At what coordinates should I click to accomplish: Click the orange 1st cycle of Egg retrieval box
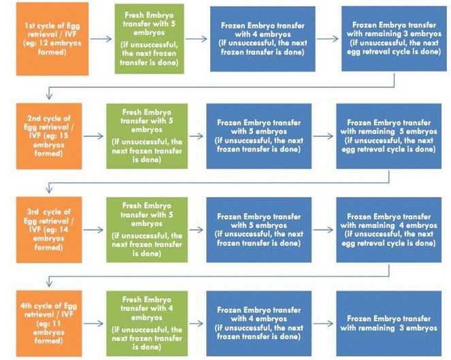[52, 39]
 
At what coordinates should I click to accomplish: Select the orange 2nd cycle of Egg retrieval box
[49, 136]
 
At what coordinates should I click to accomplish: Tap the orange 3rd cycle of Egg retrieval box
[49, 229]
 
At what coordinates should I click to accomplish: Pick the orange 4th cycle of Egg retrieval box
[49, 323]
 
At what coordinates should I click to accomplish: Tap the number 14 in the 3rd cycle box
[64, 229]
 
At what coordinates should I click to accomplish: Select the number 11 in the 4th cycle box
[56, 323]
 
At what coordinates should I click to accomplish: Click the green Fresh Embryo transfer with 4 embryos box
[147, 323]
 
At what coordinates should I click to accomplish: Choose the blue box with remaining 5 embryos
[389, 136]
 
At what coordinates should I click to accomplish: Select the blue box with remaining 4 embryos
[389, 229]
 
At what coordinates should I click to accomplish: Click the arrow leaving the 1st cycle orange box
[101, 39]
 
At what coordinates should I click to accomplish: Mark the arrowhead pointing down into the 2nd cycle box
[49, 96]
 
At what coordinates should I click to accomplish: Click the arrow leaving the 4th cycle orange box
[93, 323]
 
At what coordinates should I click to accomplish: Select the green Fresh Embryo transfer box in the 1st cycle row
[149, 39]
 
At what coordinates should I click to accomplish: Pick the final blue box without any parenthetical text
[389, 323]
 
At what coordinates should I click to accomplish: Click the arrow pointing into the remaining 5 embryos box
[323, 136]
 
